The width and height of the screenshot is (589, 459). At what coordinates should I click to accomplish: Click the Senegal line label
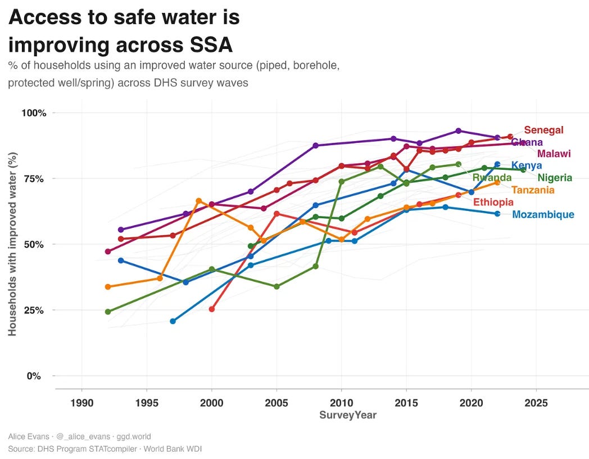pyautogui.click(x=543, y=130)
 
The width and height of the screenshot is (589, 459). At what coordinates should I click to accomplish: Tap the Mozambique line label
pyautogui.click(x=543, y=214)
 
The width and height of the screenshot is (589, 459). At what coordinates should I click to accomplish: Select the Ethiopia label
pyautogui.click(x=493, y=202)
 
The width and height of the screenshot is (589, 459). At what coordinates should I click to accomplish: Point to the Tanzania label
pyautogui.click(x=533, y=190)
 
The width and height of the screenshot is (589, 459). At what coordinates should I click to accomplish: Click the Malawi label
pyautogui.click(x=554, y=154)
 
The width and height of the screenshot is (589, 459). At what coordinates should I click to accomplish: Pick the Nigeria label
pyautogui.click(x=555, y=178)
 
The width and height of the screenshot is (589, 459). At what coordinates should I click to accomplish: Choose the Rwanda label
pyautogui.click(x=492, y=178)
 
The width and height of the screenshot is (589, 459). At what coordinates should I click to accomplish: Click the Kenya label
pyautogui.click(x=527, y=165)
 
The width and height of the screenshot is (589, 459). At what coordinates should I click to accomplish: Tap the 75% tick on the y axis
pyautogui.click(x=34, y=178)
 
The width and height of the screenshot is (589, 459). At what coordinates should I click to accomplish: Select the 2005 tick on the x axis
pyautogui.click(x=277, y=403)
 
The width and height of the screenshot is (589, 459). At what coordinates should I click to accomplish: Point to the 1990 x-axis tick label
pyautogui.click(x=82, y=403)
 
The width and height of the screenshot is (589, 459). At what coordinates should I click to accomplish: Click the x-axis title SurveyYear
pyautogui.click(x=348, y=415)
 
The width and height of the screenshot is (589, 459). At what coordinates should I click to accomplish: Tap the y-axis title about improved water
pyautogui.click(x=12, y=244)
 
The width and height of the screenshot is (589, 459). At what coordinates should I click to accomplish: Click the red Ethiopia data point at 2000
pyautogui.click(x=212, y=309)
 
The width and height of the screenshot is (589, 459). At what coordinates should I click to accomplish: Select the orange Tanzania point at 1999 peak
pyautogui.click(x=198, y=201)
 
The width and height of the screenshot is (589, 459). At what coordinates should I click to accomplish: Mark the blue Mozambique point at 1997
pyautogui.click(x=173, y=321)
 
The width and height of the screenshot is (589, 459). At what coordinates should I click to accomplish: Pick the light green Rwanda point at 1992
pyautogui.click(x=108, y=312)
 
